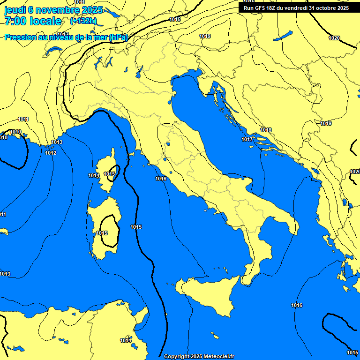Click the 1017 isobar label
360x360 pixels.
pyautogui.click(x=247, y=139)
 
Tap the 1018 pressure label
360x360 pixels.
pyautogui.click(x=266, y=130)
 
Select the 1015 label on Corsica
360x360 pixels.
pyautogui.click(x=109, y=174)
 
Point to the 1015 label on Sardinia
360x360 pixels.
pyautogui.click(x=102, y=233)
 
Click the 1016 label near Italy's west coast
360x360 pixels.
pyautogui.click(x=161, y=179)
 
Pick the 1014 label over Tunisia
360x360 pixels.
pyautogui.click(x=126, y=340)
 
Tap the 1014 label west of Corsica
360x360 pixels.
pyautogui.click(x=94, y=175)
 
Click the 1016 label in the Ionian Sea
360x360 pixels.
pyautogui.click(x=297, y=305)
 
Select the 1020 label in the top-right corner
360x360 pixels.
pyautogui.click(x=334, y=38)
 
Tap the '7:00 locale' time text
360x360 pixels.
pyautogui.click(x=33, y=21)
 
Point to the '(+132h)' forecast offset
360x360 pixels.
pyautogui.click(x=83, y=21)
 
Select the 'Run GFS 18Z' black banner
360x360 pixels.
pyautogui.click(x=296, y=7)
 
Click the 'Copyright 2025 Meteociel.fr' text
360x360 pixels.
pyautogui.click(x=199, y=356)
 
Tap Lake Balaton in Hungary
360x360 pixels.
pyautogui.click(x=283, y=36)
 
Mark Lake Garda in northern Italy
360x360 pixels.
pyautogui.click(x=139, y=71)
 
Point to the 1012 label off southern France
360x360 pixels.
pyautogui.click(x=51, y=153)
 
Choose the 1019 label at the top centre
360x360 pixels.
pyautogui.click(x=205, y=36)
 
